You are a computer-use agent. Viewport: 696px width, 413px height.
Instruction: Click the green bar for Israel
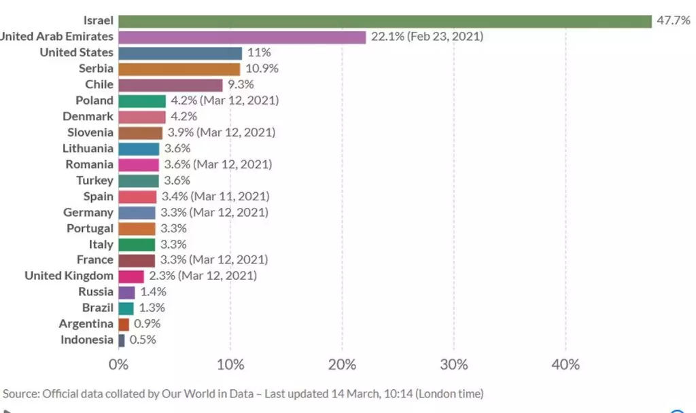pyautogui.click(x=385, y=21)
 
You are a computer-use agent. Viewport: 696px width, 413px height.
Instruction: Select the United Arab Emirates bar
pyautogui.click(x=242, y=37)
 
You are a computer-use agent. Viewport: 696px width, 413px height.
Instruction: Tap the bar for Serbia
pyautogui.click(x=179, y=69)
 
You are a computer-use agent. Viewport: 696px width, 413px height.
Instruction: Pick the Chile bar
pyautogui.click(x=171, y=85)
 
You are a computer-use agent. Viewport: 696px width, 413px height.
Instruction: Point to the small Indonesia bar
pyautogui.click(x=122, y=340)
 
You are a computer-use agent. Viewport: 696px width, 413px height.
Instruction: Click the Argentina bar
pyautogui.click(x=124, y=325)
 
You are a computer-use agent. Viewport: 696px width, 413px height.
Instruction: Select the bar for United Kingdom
pyautogui.click(x=131, y=276)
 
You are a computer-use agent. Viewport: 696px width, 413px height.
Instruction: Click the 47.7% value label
pyautogui.click(x=672, y=20)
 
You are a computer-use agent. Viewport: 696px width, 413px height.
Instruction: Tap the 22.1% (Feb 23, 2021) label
pyautogui.click(x=427, y=37)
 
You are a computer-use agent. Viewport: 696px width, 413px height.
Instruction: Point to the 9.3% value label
pyautogui.click(x=241, y=85)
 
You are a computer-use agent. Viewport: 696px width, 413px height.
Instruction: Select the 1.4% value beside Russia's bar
pyautogui.click(x=152, y=292)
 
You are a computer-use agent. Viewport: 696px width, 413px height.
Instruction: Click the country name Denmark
pyautogui.click(x=88, y=116)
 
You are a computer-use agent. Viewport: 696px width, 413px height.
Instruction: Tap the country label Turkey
pyautogui.click(x=94, y=180)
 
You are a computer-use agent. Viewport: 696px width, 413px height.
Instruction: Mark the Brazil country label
pyautogui.click(x=97, y=308)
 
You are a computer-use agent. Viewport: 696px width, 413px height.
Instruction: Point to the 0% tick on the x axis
pyautogui.click(x=118, y=365)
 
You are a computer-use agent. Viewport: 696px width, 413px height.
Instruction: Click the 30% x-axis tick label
pyautogui.click(x=453, y=365)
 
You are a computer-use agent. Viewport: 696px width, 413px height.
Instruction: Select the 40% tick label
pyautogui.click(x=565, y=365)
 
